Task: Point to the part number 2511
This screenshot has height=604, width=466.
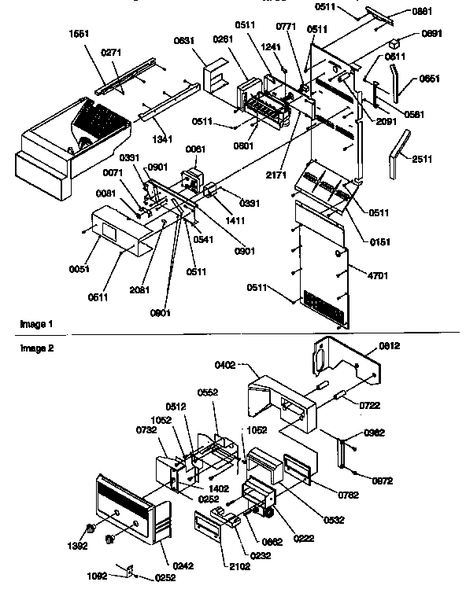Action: point(421,159)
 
